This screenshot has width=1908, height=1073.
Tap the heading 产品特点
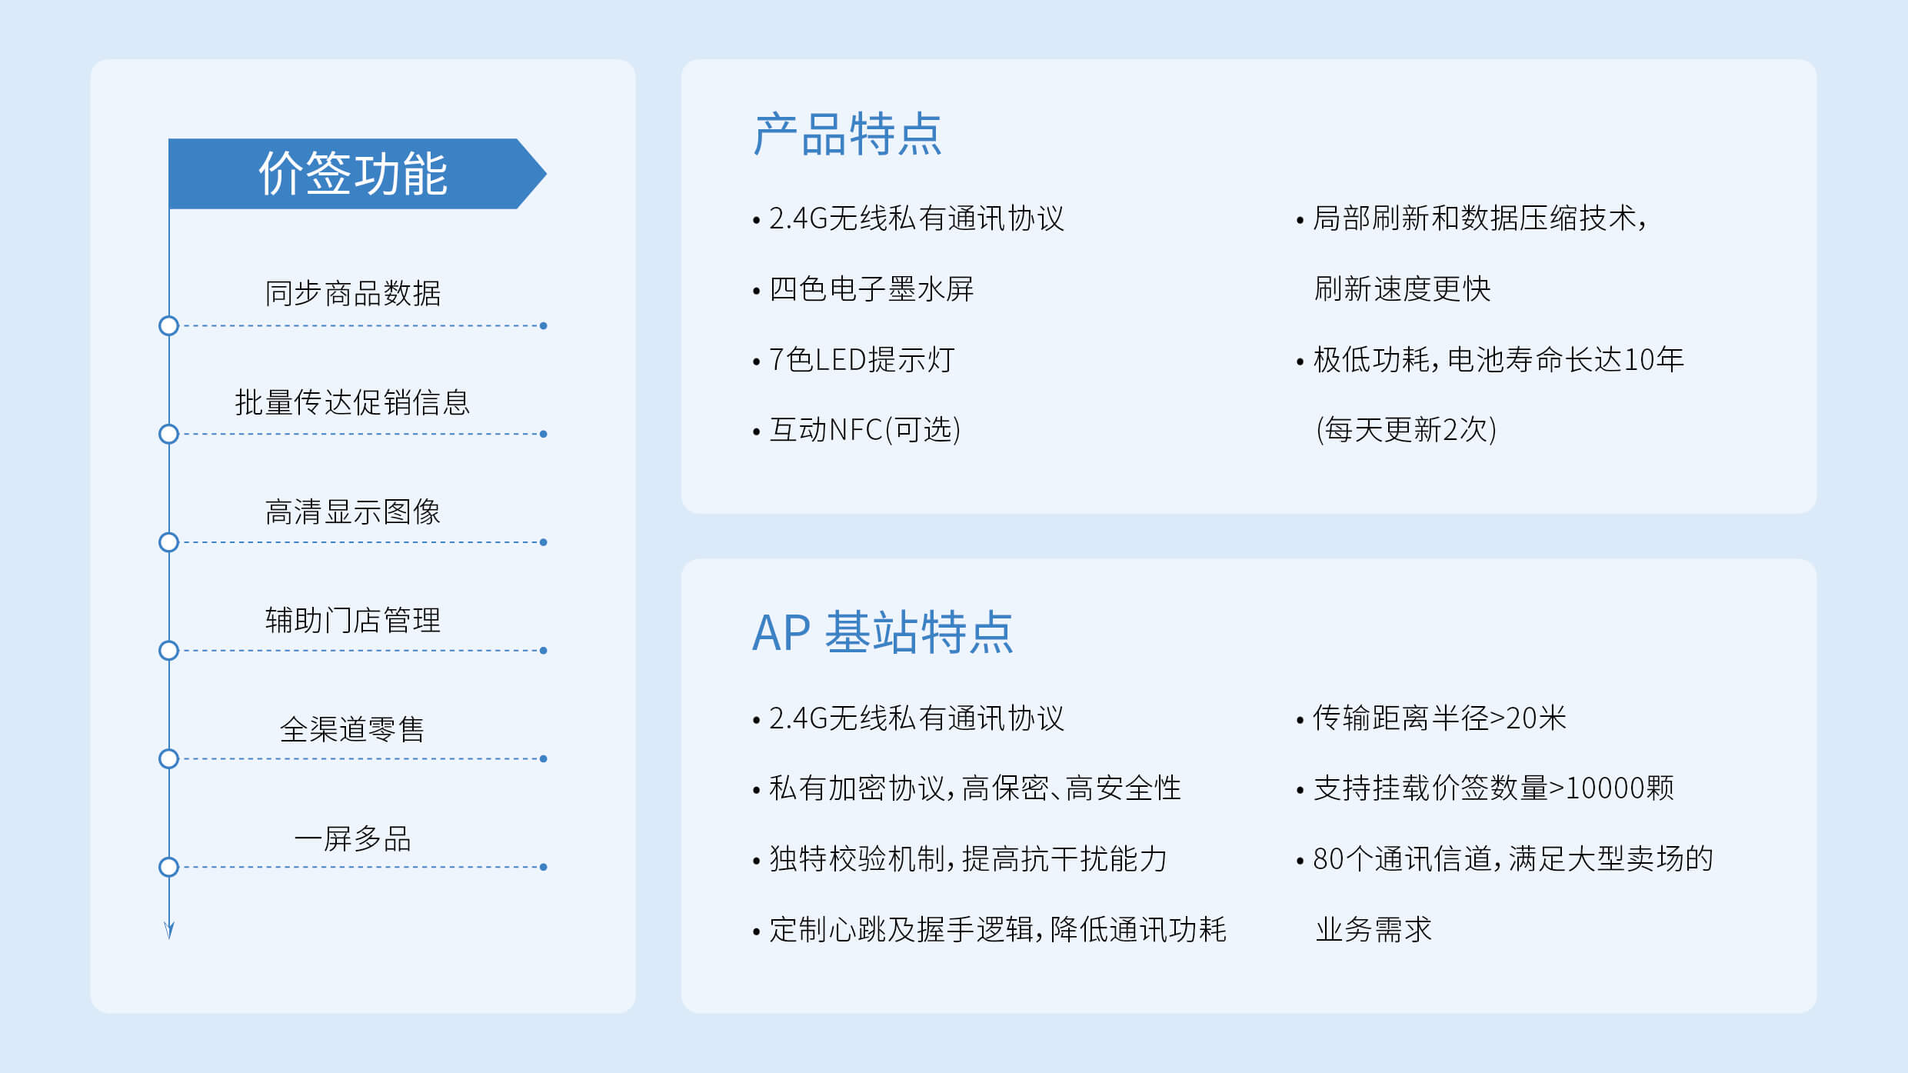tap(847, 135)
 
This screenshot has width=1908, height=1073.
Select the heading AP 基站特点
tap(882, 632)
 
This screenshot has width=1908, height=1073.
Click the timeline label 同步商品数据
tap(352, 293)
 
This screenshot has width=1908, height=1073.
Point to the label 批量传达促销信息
tap(352, 402)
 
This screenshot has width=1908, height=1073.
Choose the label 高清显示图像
tap(352, 512)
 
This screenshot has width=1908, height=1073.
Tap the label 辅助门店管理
tap(352, 620)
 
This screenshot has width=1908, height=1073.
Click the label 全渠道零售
tap(352, 729)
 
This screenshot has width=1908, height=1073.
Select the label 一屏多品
tap(352, 838)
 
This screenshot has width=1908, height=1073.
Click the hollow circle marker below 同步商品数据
tap(168, 326)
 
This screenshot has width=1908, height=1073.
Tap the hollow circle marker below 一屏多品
tap(168, 867)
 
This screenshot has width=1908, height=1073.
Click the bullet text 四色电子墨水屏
tap(871, 289)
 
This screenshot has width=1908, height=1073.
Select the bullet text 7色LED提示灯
tap(861, 359)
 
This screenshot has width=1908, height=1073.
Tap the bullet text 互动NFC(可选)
tap(865, 430)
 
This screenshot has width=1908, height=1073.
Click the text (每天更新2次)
tap(1406, 430)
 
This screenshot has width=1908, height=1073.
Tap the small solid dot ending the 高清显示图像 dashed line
tap(544, 542)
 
